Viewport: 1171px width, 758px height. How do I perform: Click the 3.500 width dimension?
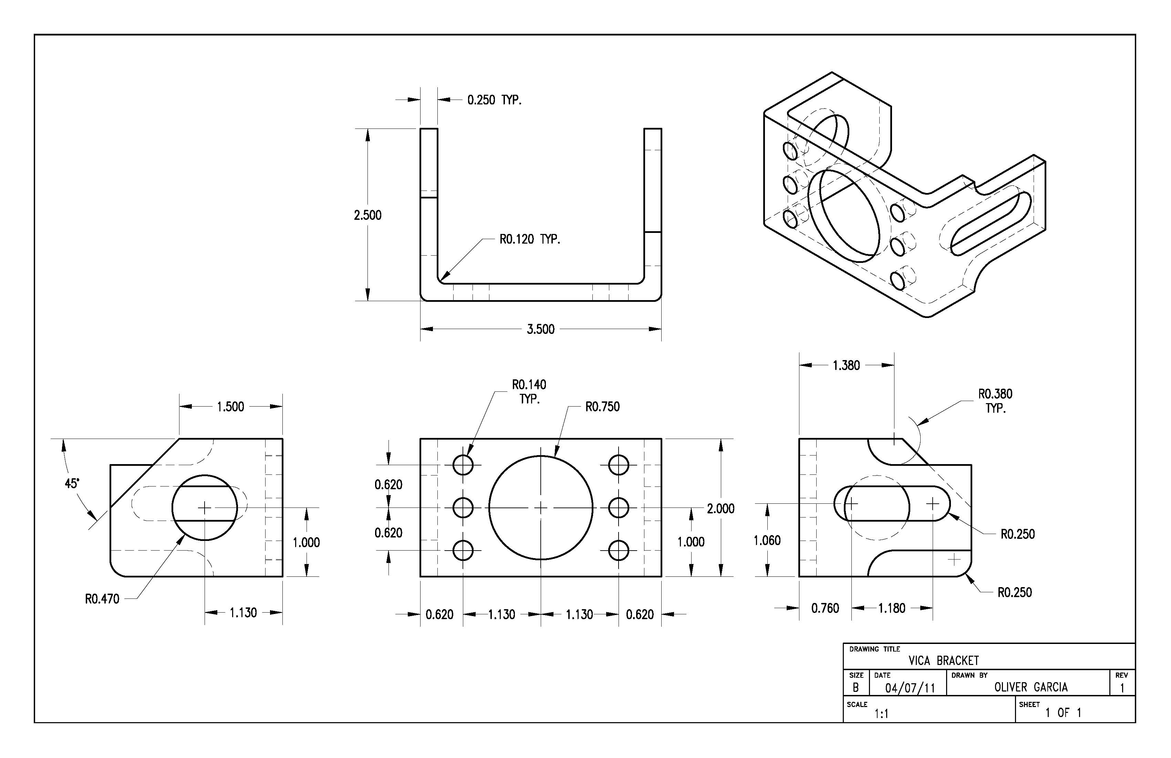(540, 329)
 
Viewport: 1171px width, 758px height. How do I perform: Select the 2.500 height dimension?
(367, 215)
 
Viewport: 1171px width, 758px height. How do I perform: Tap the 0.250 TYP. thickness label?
(494, 100)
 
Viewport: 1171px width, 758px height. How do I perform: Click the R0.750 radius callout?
(602, 407)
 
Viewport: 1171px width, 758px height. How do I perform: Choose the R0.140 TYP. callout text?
(529, 391)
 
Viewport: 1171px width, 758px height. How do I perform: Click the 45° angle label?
(72, 483)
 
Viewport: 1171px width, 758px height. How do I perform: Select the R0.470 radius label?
(102, 599)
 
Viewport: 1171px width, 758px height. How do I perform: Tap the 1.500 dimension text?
(230, 407)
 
